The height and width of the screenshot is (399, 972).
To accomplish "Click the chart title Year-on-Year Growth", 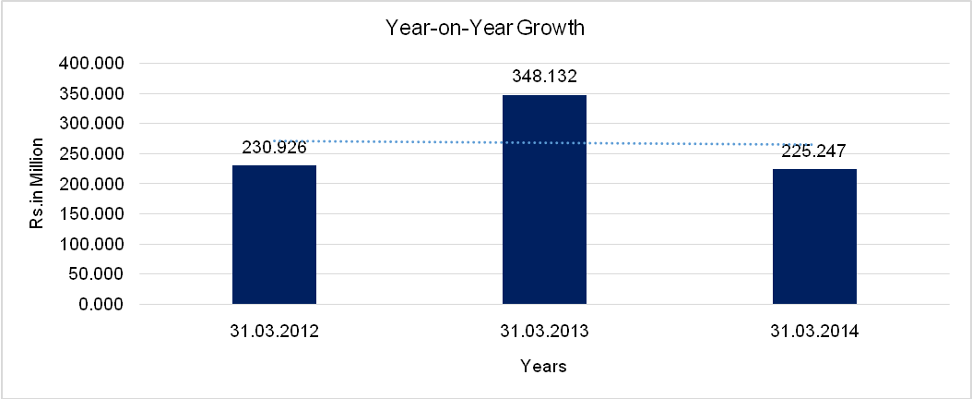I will pos(486,29).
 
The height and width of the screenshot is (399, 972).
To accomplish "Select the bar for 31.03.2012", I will pos(274,235).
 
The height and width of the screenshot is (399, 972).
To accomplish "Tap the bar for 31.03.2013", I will pos(544,199).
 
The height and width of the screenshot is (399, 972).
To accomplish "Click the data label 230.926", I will pos(274,148).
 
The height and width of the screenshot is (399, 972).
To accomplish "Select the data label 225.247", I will pos(814,151).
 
